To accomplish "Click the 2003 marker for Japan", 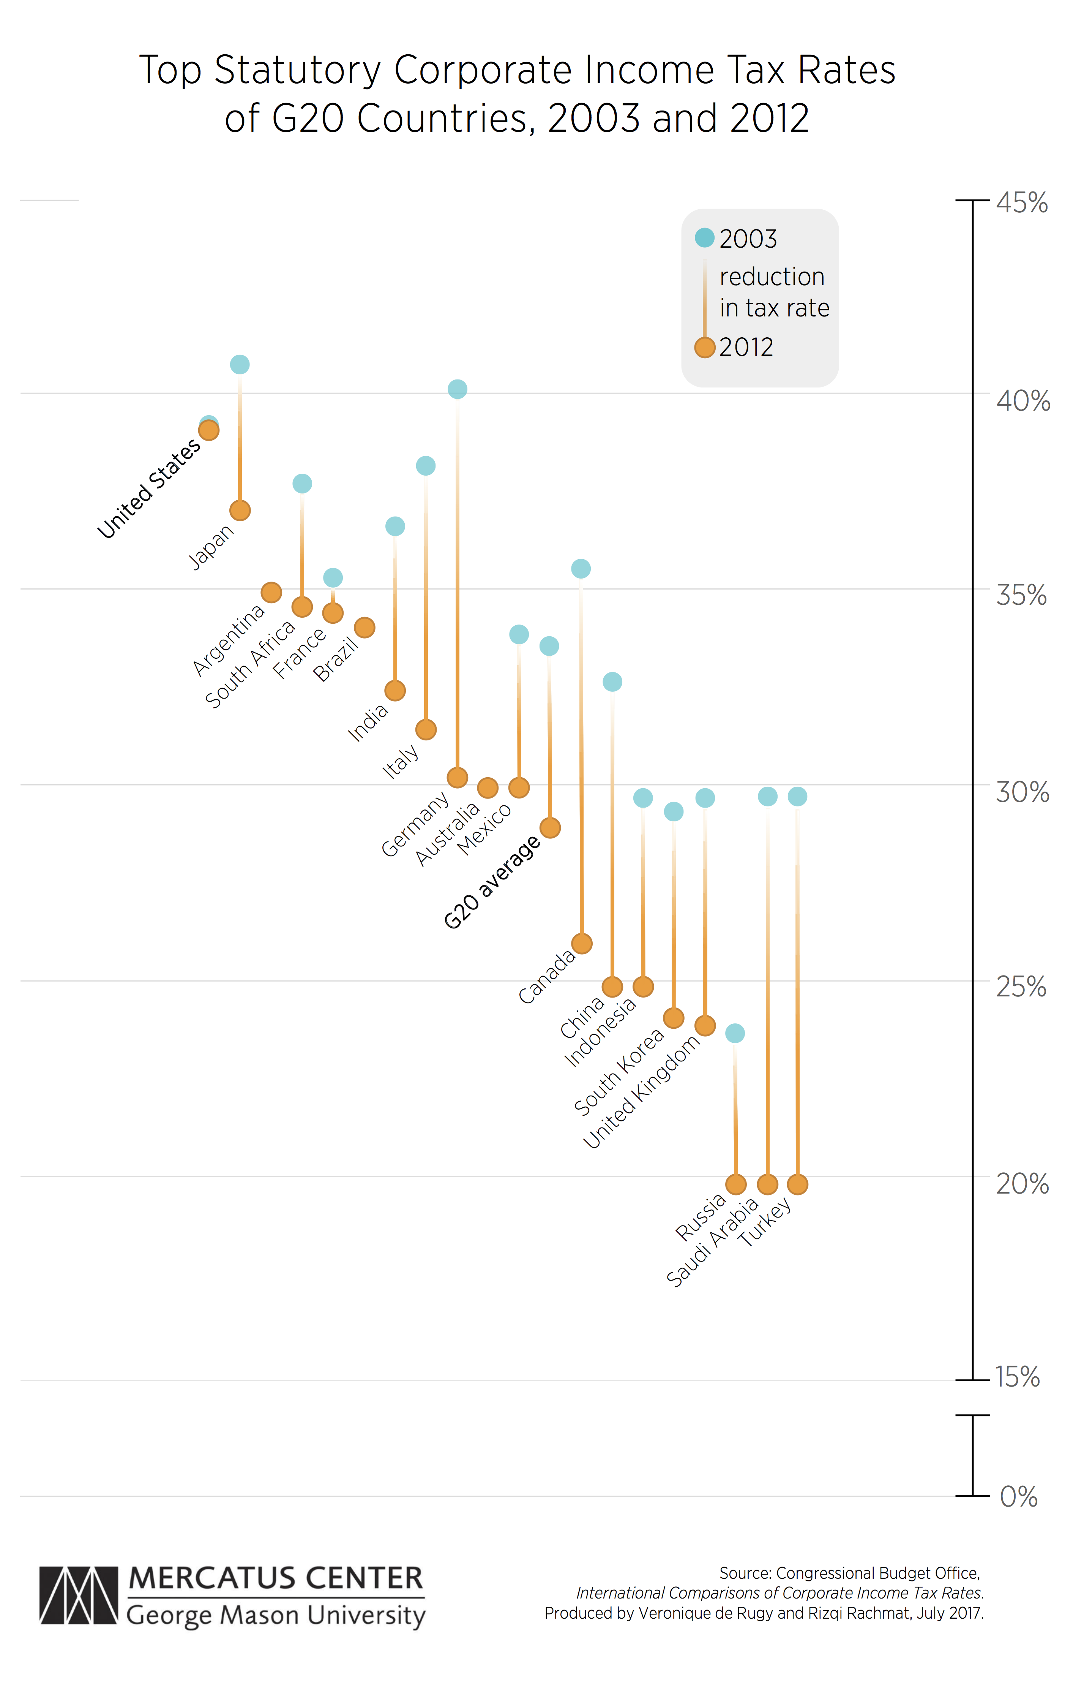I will [x=240, y=364].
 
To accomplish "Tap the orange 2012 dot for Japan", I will [x=240, y=511].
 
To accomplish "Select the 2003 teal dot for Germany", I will [x=457, y=389].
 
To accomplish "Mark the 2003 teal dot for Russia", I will [x=735, y=1033].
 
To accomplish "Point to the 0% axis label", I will [x=1018, y=1497].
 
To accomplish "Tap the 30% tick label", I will [x=1022, y=792].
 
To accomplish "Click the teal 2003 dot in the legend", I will [x=705, y=238].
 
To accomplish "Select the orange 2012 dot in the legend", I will [x=705, y=347].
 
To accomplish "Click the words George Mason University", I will [x=276, y=1616].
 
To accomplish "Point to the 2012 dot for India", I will [x=395, y=690].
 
